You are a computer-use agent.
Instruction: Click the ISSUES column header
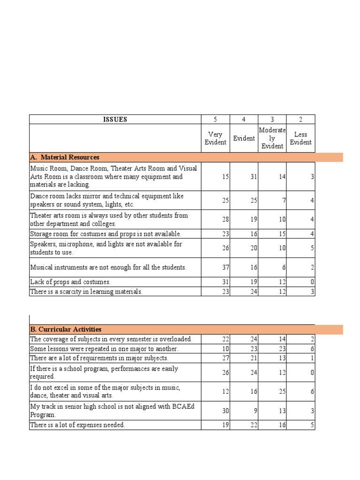tap(115, 120)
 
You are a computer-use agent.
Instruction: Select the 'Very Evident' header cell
tap(215, 138)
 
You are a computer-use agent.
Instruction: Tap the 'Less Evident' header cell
tap(300, 138)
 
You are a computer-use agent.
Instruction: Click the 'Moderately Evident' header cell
tap(272, 138)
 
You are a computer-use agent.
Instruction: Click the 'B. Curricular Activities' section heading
tap(66, 330)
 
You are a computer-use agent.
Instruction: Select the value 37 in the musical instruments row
tap(225, 268)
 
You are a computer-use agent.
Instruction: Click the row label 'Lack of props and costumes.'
tap(70, 282)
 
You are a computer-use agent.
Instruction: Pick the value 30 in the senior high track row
tap(225, 411)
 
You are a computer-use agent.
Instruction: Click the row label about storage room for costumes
tap(105, 234)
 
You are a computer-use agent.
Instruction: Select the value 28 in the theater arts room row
tap(225, 219)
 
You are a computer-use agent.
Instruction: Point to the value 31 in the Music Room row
tap(254, 177)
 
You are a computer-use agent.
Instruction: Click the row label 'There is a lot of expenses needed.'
tap(77, 425)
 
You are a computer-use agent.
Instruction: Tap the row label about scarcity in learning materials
tap(86, 292)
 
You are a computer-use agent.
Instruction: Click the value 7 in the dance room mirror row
tap(284, 201)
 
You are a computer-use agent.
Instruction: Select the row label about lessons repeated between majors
tap(104, 349)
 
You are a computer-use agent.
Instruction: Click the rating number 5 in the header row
tap(215, 120)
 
